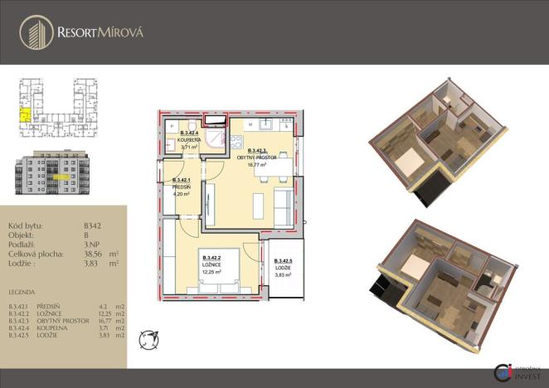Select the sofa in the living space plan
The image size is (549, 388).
[x=283, y=202]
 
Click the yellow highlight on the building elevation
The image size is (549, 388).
[x=58, y=177]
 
